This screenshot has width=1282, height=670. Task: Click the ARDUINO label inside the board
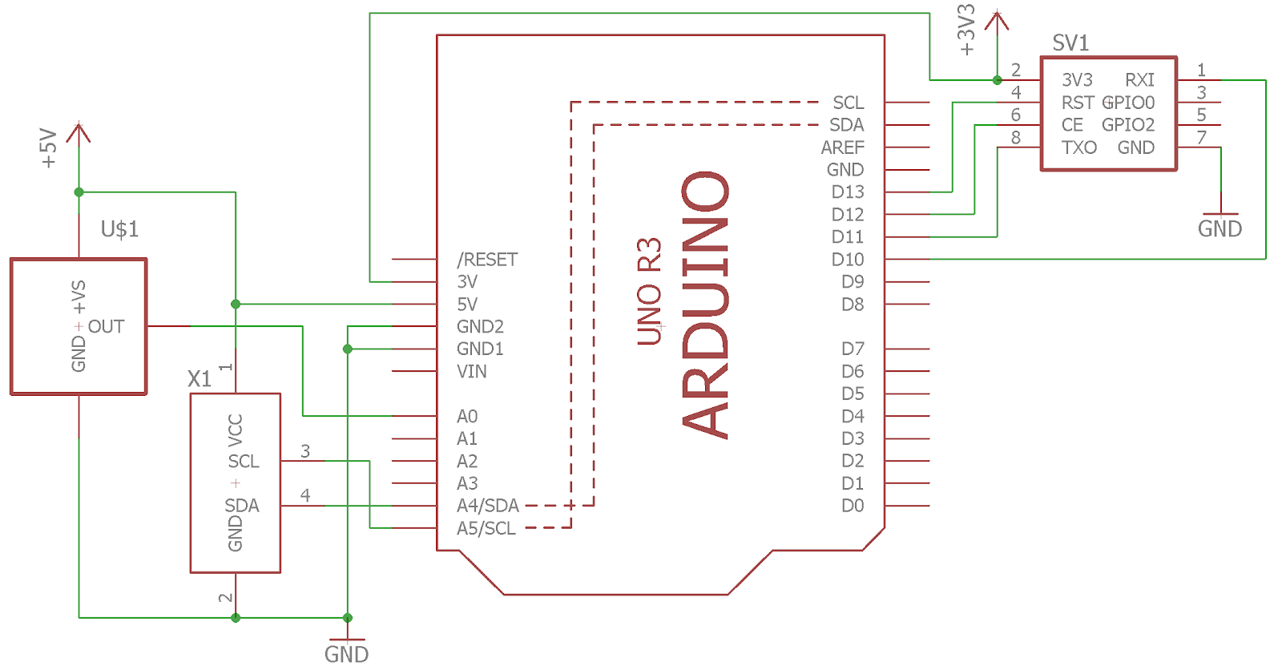(705, 305)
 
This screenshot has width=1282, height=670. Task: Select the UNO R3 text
(649, 292)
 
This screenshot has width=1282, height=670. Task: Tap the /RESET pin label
(487, 260)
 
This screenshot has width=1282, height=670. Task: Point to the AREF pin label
(842, 147)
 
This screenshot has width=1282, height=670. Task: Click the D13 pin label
(848, 192)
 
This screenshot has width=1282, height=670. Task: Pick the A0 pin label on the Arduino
(467, 416)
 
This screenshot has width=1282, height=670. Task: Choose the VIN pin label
(472, 372)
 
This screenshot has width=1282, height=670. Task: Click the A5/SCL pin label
(486, 528)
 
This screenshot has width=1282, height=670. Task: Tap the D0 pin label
(853, 506)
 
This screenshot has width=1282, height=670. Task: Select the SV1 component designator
(1070, 43)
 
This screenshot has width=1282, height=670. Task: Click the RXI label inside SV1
(1139, 80)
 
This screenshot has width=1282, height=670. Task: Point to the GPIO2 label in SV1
(1128, 125)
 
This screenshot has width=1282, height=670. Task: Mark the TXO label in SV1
(1079, 147)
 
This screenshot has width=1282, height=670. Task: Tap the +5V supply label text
(49, 149)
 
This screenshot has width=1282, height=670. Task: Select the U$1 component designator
(119, 229)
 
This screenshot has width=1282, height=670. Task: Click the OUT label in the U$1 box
(106, 326)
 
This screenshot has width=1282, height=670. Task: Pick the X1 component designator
(200, 378)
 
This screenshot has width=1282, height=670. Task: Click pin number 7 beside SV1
(1201, 137)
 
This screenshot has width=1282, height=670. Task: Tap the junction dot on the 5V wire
(236, 304)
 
